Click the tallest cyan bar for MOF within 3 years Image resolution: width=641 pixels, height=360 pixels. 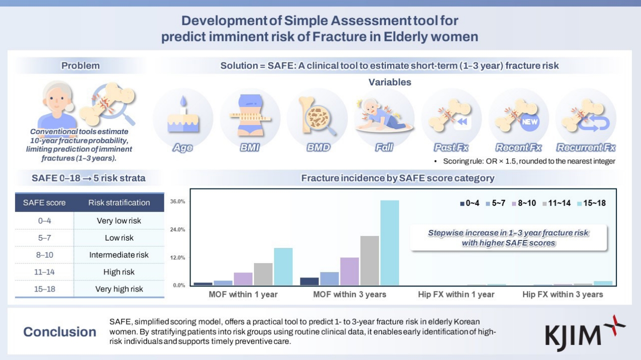click(x=389, y=243)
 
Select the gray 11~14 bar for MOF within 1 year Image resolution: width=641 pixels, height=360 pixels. click(x=263, y=274)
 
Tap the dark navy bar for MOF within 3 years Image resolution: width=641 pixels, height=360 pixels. click(x=309, y=281)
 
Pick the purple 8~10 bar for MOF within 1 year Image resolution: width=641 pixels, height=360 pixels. click(x=243, y=279)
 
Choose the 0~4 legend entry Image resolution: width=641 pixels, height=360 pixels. click(x=471, y=203)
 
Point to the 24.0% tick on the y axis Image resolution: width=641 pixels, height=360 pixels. click(x=178, y=229)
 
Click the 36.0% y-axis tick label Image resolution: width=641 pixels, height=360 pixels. click(x=178, y=201)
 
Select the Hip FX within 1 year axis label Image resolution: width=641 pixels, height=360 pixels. click(x=456, y=294)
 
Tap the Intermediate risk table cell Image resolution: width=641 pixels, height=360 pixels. click(x=119, y=255)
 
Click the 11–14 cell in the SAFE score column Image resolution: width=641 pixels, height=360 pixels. click(x=44, y=272)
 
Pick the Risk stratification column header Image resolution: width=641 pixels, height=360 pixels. click(x=119, y=202)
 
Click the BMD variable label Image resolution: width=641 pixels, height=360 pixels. click(x=318, y=148)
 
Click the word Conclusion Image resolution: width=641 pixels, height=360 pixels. click(x=60, y=332)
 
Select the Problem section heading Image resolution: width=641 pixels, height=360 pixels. click(x=80, y=65)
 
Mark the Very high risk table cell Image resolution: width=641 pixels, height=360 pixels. click(x=119, y=289)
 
